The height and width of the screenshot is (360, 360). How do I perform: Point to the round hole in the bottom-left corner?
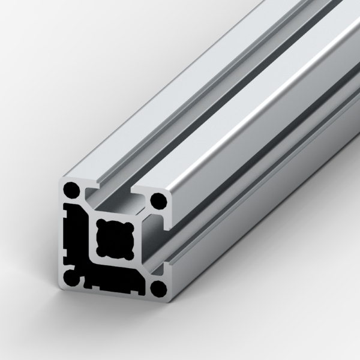point(71,278)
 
